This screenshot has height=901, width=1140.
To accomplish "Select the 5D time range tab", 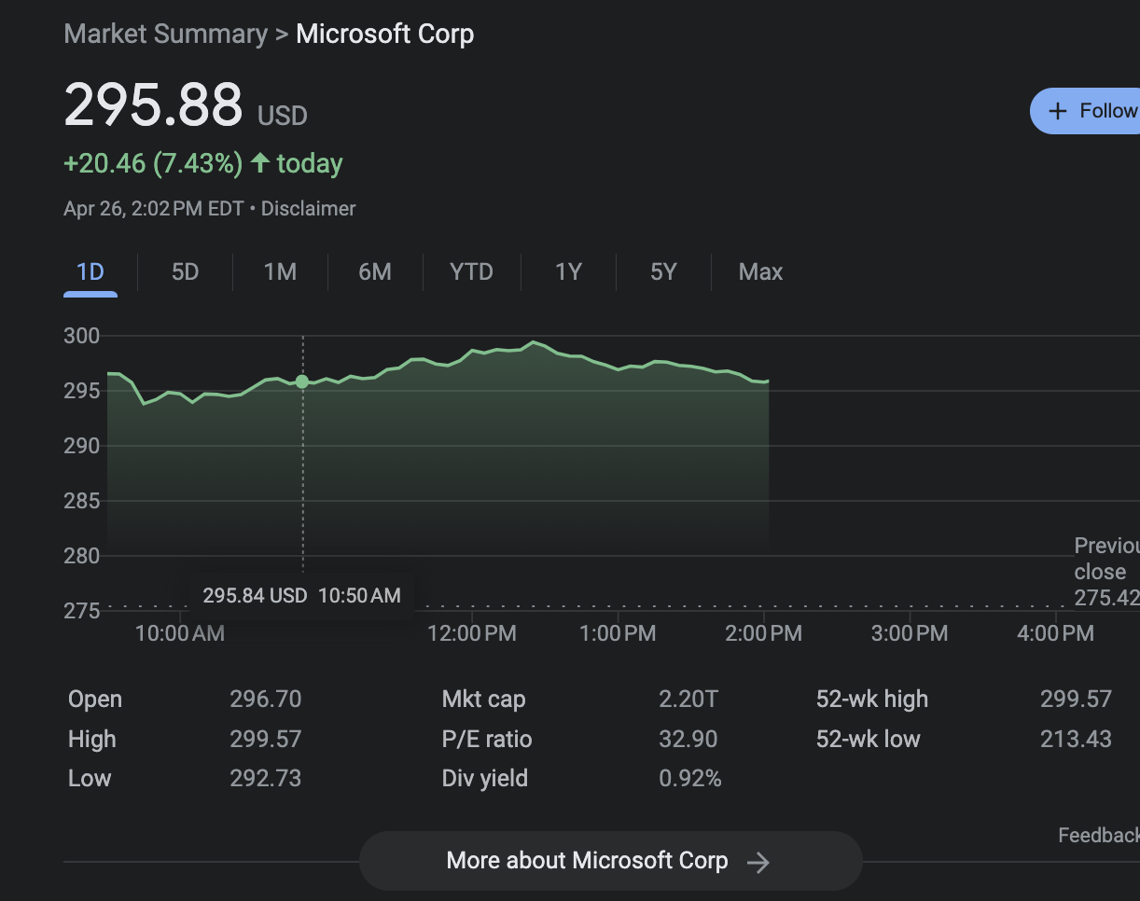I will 185,272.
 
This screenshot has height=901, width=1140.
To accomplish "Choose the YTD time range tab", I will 471,272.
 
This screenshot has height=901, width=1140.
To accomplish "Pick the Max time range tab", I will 760,272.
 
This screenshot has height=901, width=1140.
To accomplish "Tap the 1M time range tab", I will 280,272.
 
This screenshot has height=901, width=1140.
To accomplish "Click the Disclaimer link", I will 308,209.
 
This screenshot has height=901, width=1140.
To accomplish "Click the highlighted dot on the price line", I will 302,381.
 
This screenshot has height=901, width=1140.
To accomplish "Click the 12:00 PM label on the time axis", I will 471,634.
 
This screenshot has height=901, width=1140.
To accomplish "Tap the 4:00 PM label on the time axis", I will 1056,634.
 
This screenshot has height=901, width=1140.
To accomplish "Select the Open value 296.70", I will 266,700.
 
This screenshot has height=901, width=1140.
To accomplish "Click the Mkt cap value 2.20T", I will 688,700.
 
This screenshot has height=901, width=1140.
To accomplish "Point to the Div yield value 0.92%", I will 690,779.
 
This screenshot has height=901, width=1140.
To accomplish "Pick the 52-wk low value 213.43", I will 1076,740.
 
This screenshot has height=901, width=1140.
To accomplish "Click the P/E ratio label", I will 487,740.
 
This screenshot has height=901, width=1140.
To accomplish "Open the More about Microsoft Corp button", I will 610,861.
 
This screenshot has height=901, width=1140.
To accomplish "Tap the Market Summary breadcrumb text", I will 165,35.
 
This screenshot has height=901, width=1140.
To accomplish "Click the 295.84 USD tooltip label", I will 255,596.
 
